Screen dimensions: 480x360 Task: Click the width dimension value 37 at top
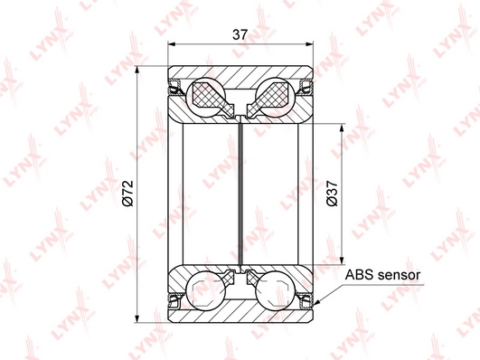tap(240, 34)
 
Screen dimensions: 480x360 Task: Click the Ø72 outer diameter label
tap(127, 194)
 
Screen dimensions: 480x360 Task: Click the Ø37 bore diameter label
tap(332, 194)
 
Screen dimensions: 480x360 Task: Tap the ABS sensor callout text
tap(382, 275)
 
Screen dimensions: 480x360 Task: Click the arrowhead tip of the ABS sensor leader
tap(315, 306)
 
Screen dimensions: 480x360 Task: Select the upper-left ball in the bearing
tap(205, 98)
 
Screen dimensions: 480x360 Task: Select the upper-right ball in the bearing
tap(276, 98)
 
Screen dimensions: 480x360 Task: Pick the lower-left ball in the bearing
tap(205, 290)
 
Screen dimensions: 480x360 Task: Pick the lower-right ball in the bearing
tap(275, 290)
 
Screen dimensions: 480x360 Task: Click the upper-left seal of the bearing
tap(175, 87)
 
